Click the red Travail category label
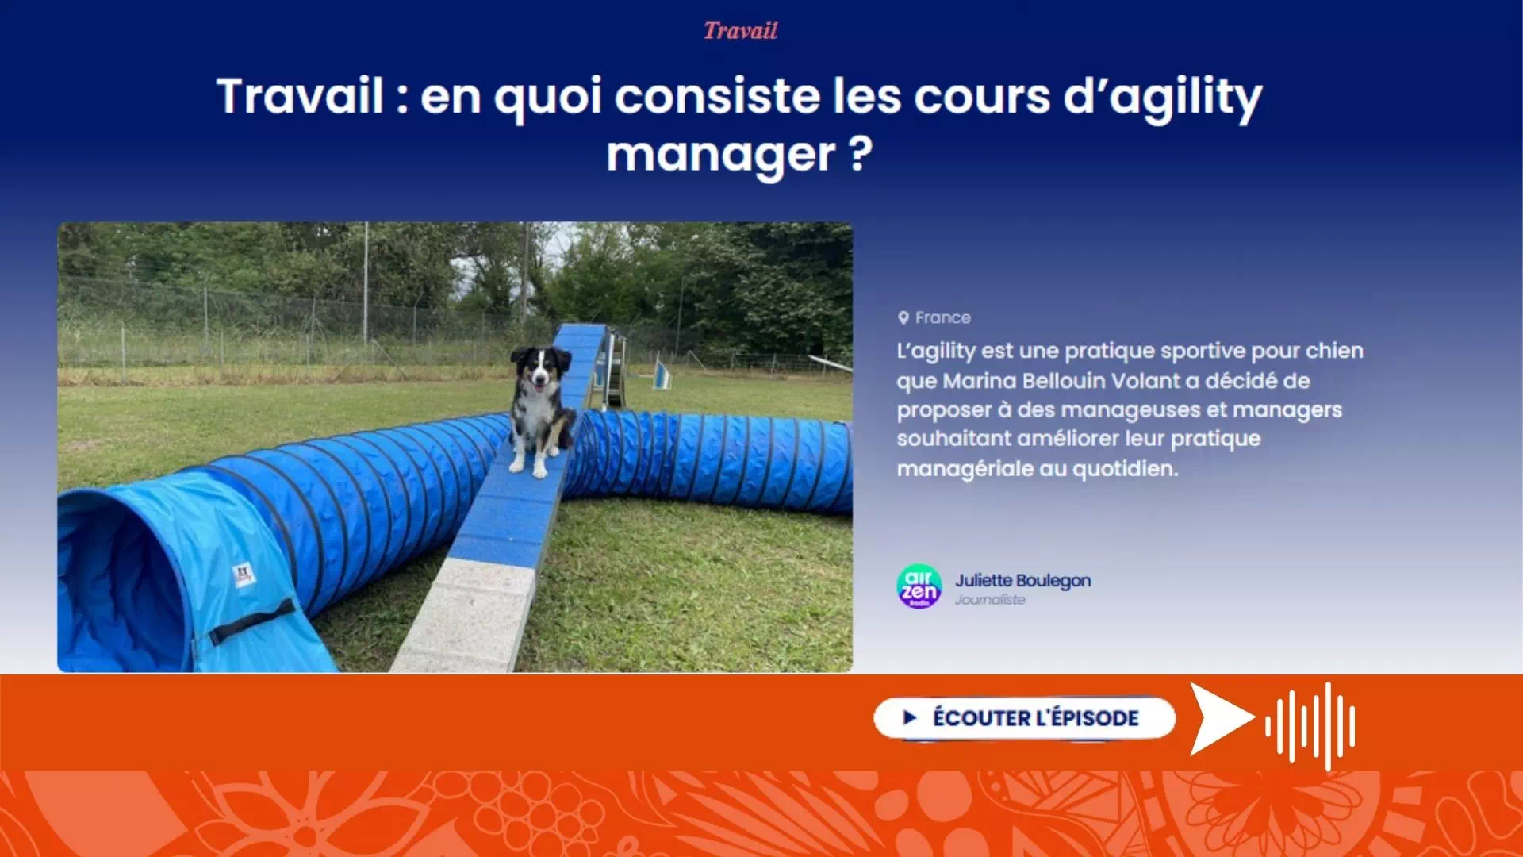click(x=740, y=31)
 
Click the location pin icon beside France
click(x=903, y=317)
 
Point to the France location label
click(x=942, y=317)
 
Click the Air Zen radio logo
click(x=919, y=586)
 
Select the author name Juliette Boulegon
click(x=1022, y=581)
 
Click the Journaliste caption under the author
click(x=990, y=600)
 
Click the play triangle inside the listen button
click(x=910, y=718)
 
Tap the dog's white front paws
click(x=529, y=467)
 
